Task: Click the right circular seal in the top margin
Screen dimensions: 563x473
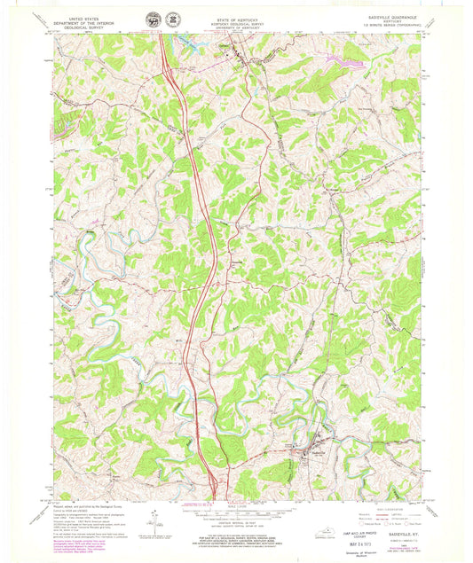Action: pos(172,17)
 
